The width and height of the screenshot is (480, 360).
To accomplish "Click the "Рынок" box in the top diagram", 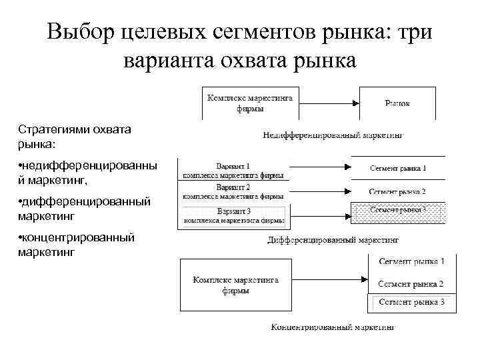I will click(397, 103).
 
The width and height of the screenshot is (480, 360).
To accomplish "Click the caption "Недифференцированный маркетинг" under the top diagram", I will click(333, 135).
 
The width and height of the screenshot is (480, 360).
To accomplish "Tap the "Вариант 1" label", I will click(233, 165).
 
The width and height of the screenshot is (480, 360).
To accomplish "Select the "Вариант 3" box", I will click(233, 215).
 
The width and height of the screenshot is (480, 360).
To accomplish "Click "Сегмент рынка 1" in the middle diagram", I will click(398, 168).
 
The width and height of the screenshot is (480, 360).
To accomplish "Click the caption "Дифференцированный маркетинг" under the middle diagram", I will click(333, 239).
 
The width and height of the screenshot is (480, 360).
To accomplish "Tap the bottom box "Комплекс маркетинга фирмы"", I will click(234, 285).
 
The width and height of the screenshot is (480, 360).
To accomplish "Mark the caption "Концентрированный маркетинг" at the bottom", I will click(333, 327).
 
